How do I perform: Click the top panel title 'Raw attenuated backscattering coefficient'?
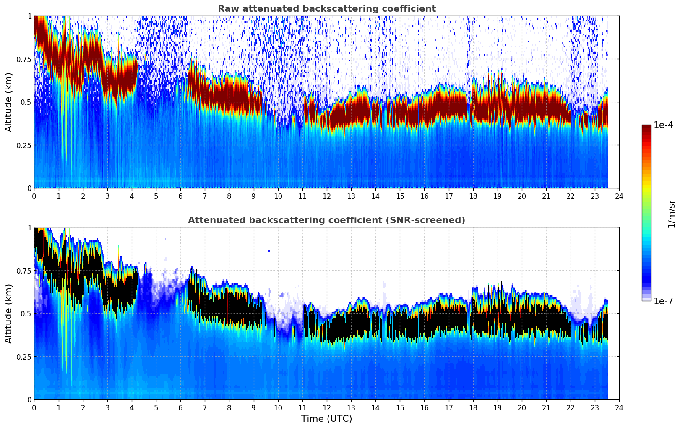click(326, 9)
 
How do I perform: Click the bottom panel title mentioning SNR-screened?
click(326, 220)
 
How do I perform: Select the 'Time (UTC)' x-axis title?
click(326, 419)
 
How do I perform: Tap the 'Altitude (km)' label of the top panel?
click(9, 102)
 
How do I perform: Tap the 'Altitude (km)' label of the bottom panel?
click(9, 313)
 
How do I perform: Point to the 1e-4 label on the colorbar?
click(663, 125)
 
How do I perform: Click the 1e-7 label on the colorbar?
click(663, 301)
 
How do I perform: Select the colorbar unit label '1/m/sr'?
click(671, 214)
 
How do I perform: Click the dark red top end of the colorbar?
click(646, 127)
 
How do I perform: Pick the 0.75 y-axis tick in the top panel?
click(24, 59)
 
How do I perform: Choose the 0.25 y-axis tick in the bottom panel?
click(24, 357)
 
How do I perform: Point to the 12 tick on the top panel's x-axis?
click(327, 196)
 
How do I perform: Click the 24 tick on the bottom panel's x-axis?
click(619, 408)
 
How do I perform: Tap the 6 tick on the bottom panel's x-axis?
click(180, 408)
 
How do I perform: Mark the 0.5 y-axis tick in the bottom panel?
click(26, 313)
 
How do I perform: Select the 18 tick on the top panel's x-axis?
click(473, 196)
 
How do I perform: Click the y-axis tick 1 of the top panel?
click(29, 16)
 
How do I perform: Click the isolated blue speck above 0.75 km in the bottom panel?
click(269, 251)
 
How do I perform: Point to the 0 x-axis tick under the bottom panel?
click(34, 408)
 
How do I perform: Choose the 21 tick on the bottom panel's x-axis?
click(546, 408)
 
